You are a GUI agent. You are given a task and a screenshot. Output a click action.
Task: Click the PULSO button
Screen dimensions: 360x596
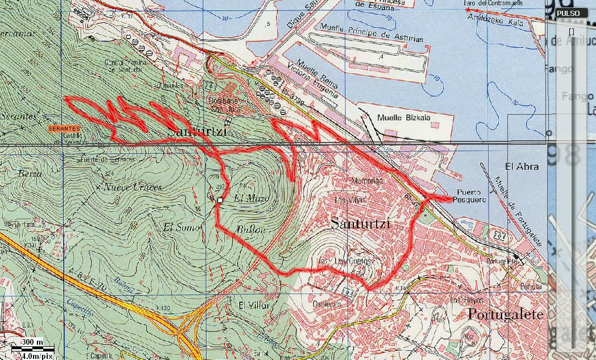(x=568, y=13)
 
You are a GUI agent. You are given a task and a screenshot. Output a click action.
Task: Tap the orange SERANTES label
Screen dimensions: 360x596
(x=64, y=129)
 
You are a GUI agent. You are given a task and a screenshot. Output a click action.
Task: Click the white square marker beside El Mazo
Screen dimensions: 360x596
(x=220, y=199)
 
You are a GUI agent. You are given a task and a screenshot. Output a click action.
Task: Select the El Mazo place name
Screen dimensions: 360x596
(x=250, y=198)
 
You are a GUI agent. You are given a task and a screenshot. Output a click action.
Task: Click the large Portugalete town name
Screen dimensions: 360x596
(x=505, y=315)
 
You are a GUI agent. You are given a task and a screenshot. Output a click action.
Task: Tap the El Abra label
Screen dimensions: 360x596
(x=521, y=166)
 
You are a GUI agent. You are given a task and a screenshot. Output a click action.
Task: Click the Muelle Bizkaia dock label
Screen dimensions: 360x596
(x=404, y=118)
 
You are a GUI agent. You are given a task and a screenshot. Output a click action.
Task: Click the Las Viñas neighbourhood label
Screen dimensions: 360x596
(x=348, y=200)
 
